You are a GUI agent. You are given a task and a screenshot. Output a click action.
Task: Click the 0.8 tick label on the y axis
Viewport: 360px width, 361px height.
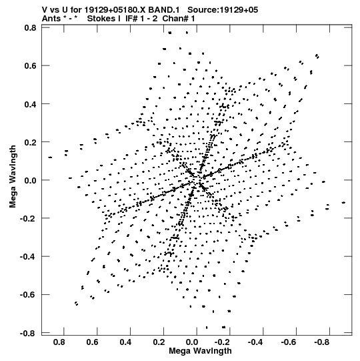click(x=31, y=28)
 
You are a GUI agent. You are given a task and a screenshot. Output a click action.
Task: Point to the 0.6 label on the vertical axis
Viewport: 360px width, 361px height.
click(x=31, y=66)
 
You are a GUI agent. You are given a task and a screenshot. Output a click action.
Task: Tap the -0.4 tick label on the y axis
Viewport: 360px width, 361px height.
click(x=28, y=256)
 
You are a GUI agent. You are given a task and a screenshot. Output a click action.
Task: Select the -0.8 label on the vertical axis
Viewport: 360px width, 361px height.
click(x=28, y=333)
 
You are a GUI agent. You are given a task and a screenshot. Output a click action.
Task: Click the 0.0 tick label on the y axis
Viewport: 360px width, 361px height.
click(x=31, y=180)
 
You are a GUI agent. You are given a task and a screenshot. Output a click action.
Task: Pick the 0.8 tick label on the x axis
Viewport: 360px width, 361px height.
click(x=59, y=342)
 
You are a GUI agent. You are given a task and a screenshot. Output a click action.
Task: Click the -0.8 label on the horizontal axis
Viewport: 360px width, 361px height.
click(x=321, y=342)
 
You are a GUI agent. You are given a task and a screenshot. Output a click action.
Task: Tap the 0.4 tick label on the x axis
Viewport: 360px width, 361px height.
click(x=125, y=342)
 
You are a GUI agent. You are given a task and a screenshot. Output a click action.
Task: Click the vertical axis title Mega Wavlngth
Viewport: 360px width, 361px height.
click(x=13, y=177)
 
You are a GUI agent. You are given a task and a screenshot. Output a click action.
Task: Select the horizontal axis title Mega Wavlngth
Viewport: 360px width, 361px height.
click(x=200, y=351)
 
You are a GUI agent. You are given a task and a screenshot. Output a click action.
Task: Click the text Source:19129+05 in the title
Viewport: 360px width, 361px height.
click(x=223, y=10)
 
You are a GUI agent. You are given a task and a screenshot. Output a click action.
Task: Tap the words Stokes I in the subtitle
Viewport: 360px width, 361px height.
click(x=104, y=19)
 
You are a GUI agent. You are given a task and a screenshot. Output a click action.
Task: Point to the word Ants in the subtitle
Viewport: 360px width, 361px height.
click(x=51, y=19)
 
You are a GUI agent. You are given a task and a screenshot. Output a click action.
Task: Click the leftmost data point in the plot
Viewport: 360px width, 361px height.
click(x=50, y=157)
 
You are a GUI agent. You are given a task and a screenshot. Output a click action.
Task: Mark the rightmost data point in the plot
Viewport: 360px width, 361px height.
click(x=343, y=203)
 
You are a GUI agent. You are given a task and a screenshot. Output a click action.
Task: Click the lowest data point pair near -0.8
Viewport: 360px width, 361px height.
click(x=223, y=327)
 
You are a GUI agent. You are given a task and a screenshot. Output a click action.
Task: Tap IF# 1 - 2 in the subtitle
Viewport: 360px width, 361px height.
click(x=141, y=19)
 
